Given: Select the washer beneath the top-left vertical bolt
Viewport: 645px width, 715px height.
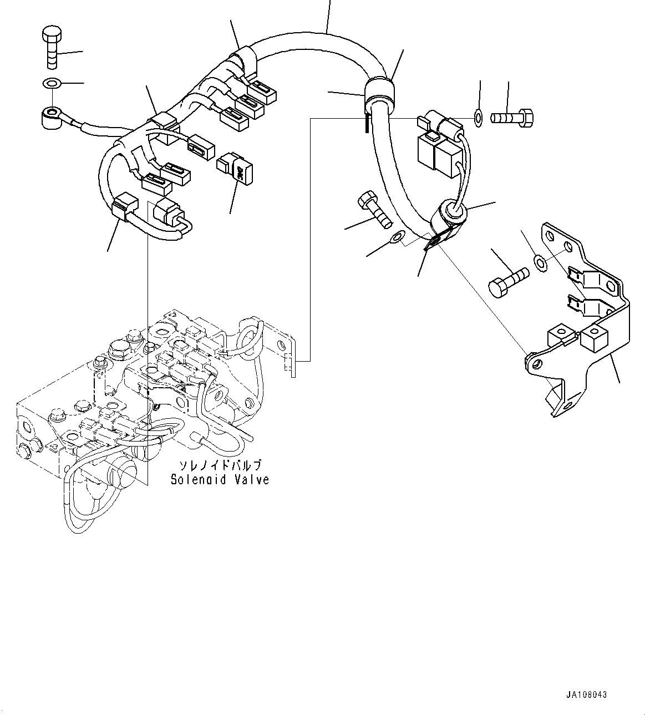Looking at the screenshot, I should coord(52,84).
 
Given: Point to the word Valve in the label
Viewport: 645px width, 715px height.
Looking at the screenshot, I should coord(251,479).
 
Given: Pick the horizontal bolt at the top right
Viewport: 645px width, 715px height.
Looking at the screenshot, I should coord(512,118).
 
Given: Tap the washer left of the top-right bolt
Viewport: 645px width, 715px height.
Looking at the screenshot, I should coord(479,117).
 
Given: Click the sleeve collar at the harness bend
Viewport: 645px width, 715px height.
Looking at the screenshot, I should coord(379,94).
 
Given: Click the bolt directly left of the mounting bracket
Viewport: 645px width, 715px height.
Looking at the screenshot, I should coord(508,280).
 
